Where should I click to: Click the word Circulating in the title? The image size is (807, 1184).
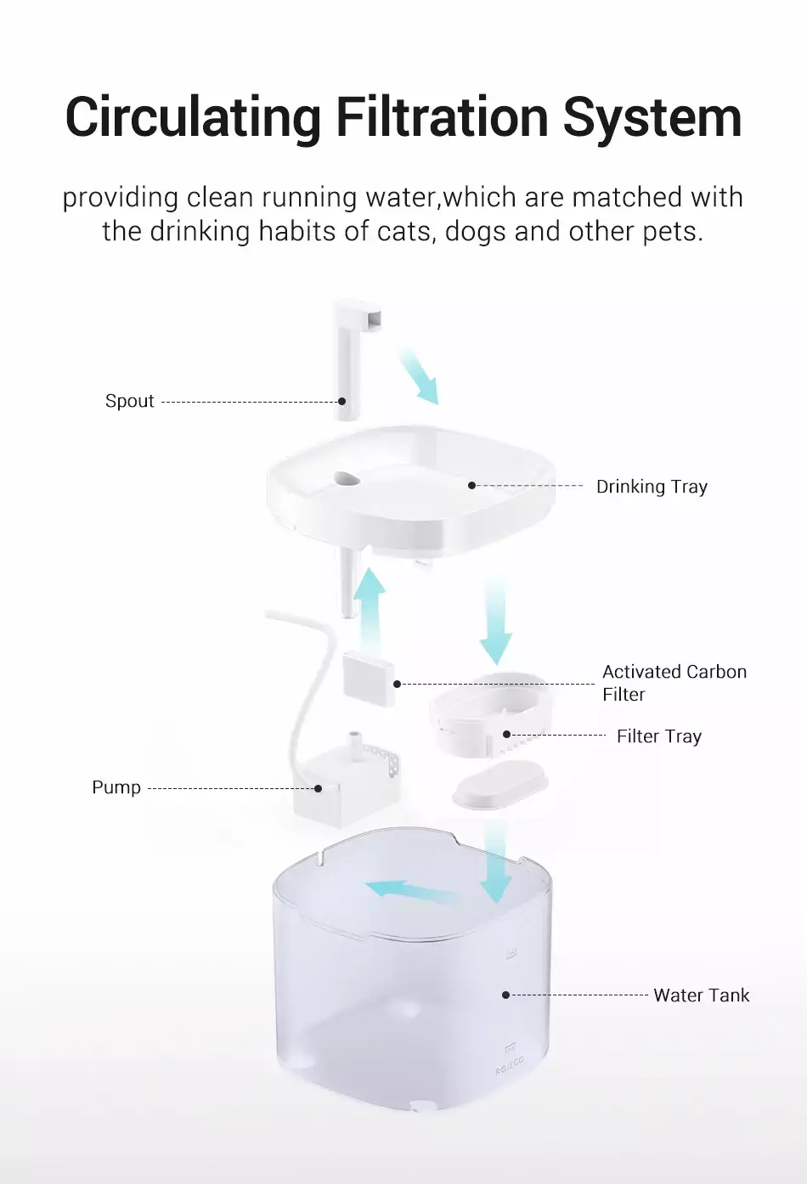(x=194, y=118)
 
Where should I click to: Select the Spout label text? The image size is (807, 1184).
(x=129, y=401)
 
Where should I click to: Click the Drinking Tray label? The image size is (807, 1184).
(x=652, y=487)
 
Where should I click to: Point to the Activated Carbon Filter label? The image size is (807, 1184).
(x=674, y=683)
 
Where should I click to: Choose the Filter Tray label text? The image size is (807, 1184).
(x=659, y=736)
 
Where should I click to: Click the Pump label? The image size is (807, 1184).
(x=116, y=787)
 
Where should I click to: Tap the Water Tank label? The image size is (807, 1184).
(x=702, y=995)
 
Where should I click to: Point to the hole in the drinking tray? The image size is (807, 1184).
(x=347, y=479)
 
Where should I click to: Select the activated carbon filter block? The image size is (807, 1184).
(x=369, y=679)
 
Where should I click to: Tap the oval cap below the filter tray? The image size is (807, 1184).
(x=500, y=785)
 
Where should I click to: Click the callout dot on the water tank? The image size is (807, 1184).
(x=505, y=995)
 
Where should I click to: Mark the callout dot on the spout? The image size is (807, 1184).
(x=342, y=401)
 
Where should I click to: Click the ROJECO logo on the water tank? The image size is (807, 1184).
(x=510, y=1065)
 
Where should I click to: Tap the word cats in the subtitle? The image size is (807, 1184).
(x=407, y=232)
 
